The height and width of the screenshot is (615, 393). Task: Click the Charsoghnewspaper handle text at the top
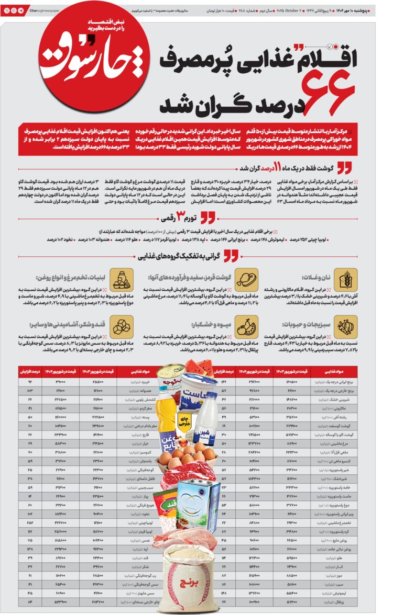tap(45, 10)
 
